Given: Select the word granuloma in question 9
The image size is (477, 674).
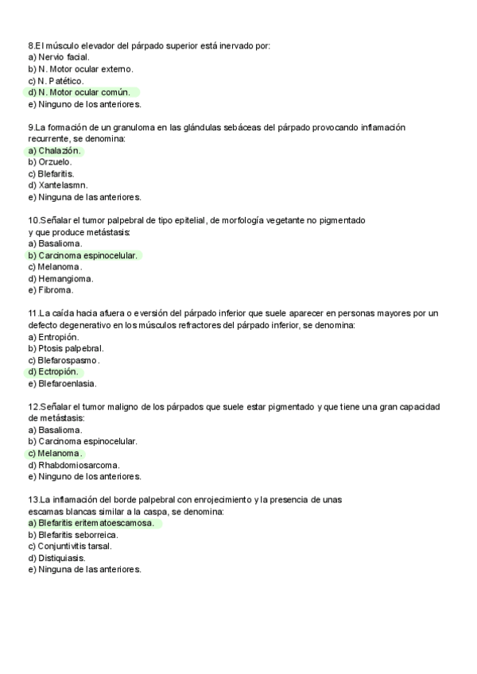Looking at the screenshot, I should [x=137, y=127].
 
